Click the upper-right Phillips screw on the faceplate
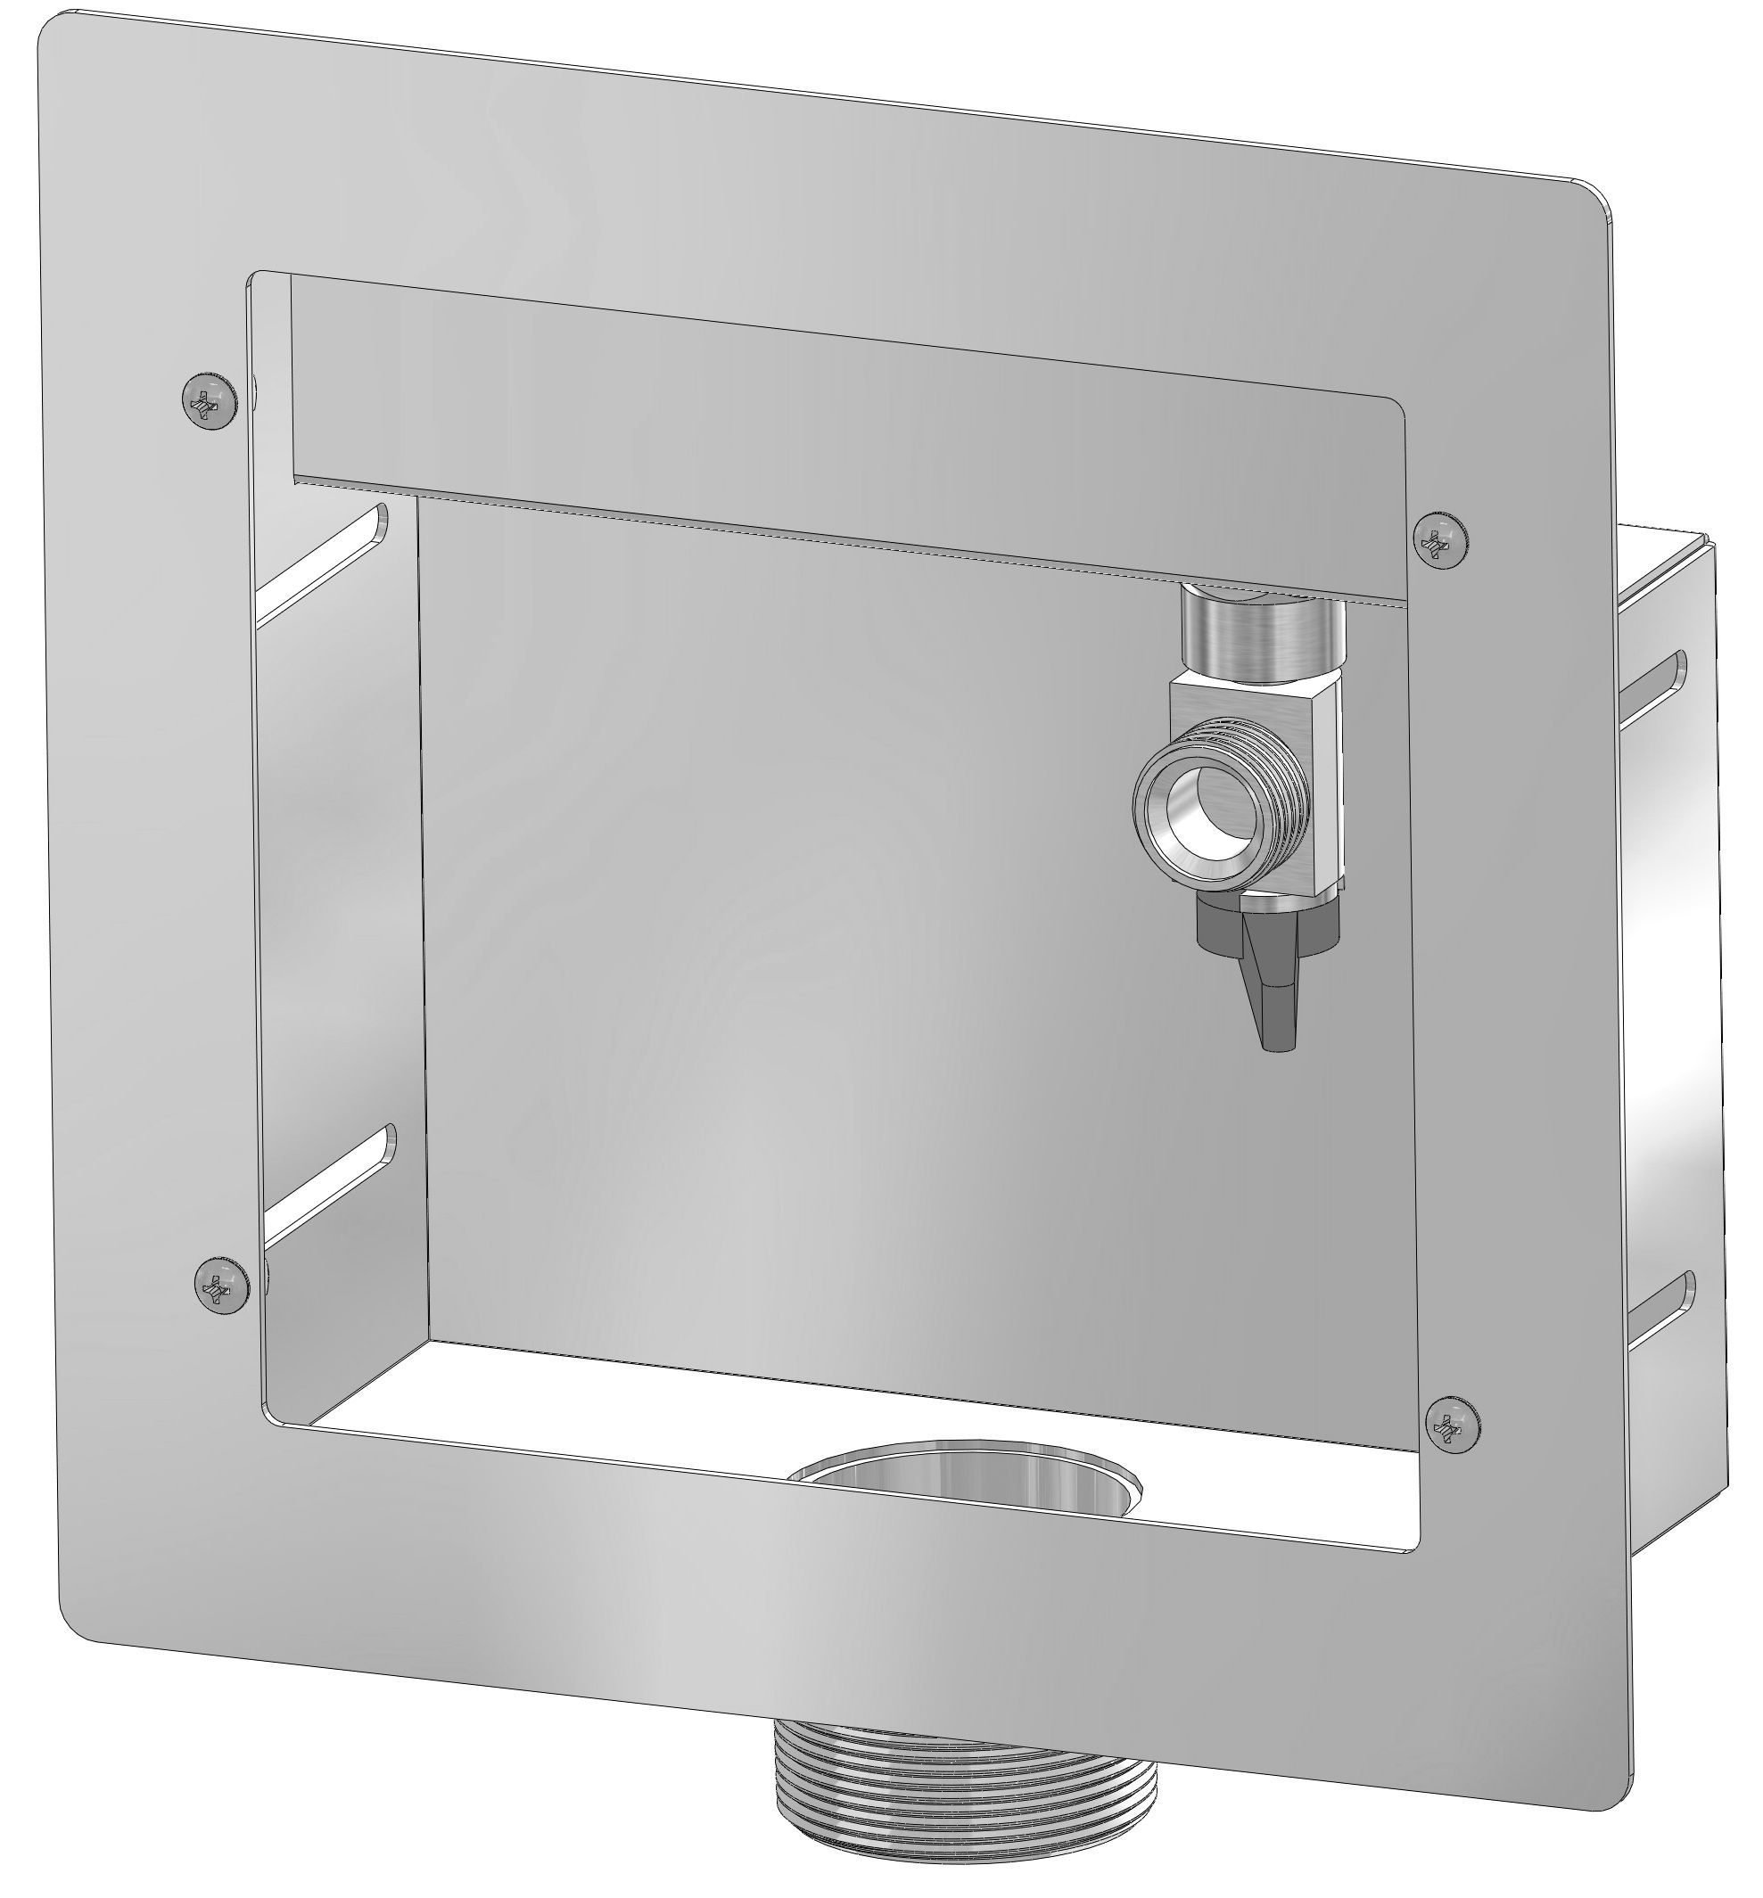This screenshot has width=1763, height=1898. pos(1440,542)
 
